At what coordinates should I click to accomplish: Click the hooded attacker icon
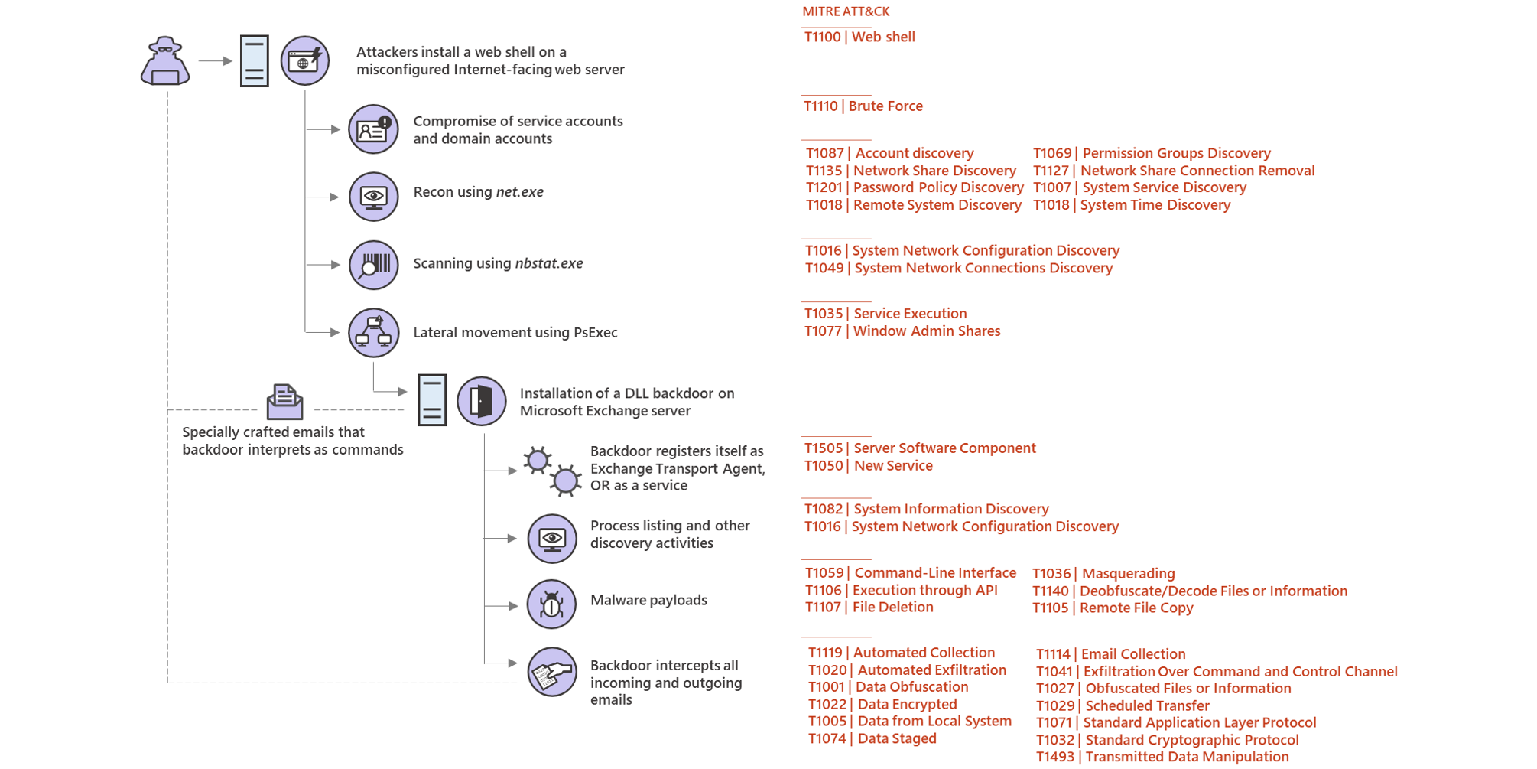point(165,61)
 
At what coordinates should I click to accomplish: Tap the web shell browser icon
point(305,60)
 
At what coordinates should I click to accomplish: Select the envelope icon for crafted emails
point(284,402)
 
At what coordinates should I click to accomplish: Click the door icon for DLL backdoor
point(482,401)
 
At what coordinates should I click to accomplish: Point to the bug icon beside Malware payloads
point(551,604)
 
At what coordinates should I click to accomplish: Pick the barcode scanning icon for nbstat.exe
point(374,265)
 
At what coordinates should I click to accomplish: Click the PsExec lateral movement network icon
point(374,333)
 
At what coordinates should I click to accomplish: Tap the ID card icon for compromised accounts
point(374,129)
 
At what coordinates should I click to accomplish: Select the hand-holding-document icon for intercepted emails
point(552,673)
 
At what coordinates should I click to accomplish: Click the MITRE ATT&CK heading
point(846,11)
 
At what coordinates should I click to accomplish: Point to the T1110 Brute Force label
point(863,106)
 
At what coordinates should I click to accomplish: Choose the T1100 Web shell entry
point(859,37)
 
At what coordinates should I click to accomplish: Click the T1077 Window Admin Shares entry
point(902,331)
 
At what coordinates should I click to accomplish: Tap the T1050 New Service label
point(869,466)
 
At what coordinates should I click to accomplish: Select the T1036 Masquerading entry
point(1103,574)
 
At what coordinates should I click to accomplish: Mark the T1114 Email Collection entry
point(1110,654)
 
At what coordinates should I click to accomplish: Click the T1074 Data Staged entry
point(872,738)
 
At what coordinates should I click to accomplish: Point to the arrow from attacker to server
point(215,60)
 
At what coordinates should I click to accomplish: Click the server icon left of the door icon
point(432,400)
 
